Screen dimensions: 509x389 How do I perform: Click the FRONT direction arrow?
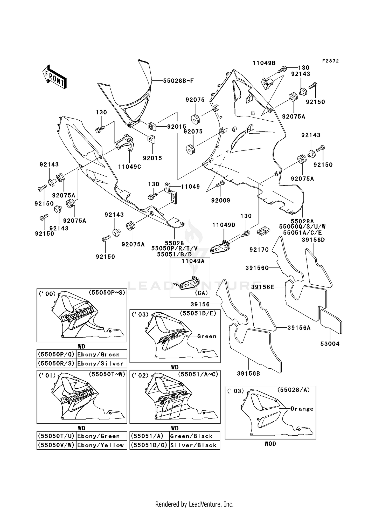coord(54,77)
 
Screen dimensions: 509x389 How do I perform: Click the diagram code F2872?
coord(330,61)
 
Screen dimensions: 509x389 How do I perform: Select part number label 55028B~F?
coord(178,81)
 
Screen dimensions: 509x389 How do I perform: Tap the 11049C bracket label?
coord(129,167)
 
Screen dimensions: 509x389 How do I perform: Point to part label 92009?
coord(221,200)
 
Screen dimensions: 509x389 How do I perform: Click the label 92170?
coord(259,250)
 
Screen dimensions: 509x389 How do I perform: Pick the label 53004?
coord(330,344)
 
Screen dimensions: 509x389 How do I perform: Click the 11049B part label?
coord(264,63)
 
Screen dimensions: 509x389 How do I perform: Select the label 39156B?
coord(248,374)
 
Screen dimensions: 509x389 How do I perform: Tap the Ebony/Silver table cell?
coord(100,363)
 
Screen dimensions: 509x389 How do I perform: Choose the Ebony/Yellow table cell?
coord(100,445)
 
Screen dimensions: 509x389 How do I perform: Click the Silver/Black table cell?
coord(193,445)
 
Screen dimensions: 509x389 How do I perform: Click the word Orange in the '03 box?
coord(302,409)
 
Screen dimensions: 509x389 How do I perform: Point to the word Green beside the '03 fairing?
coord(207,336)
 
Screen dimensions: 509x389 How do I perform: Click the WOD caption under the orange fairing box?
coord(270,444)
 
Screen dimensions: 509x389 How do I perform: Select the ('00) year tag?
coord(47,294)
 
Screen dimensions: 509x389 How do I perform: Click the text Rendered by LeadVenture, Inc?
coord(194,504)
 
